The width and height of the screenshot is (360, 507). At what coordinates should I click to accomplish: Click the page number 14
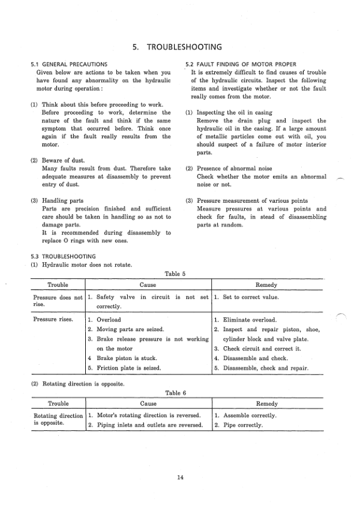[180, 478]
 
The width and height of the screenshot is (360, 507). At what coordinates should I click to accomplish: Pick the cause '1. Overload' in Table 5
[104, 320]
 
